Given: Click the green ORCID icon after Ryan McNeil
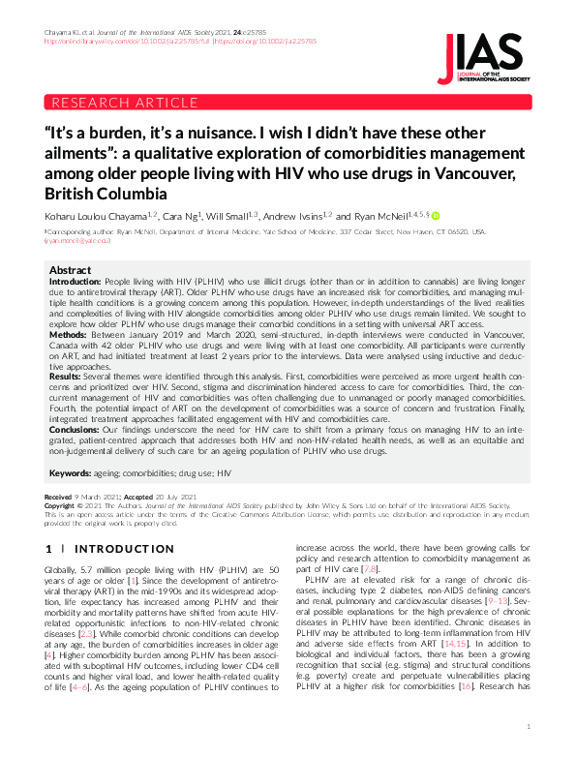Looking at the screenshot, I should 436,215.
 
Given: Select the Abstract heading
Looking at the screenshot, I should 70,270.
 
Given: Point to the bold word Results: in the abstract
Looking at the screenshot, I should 65,376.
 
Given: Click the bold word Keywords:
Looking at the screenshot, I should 70,473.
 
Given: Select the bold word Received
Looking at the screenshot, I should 58,496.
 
